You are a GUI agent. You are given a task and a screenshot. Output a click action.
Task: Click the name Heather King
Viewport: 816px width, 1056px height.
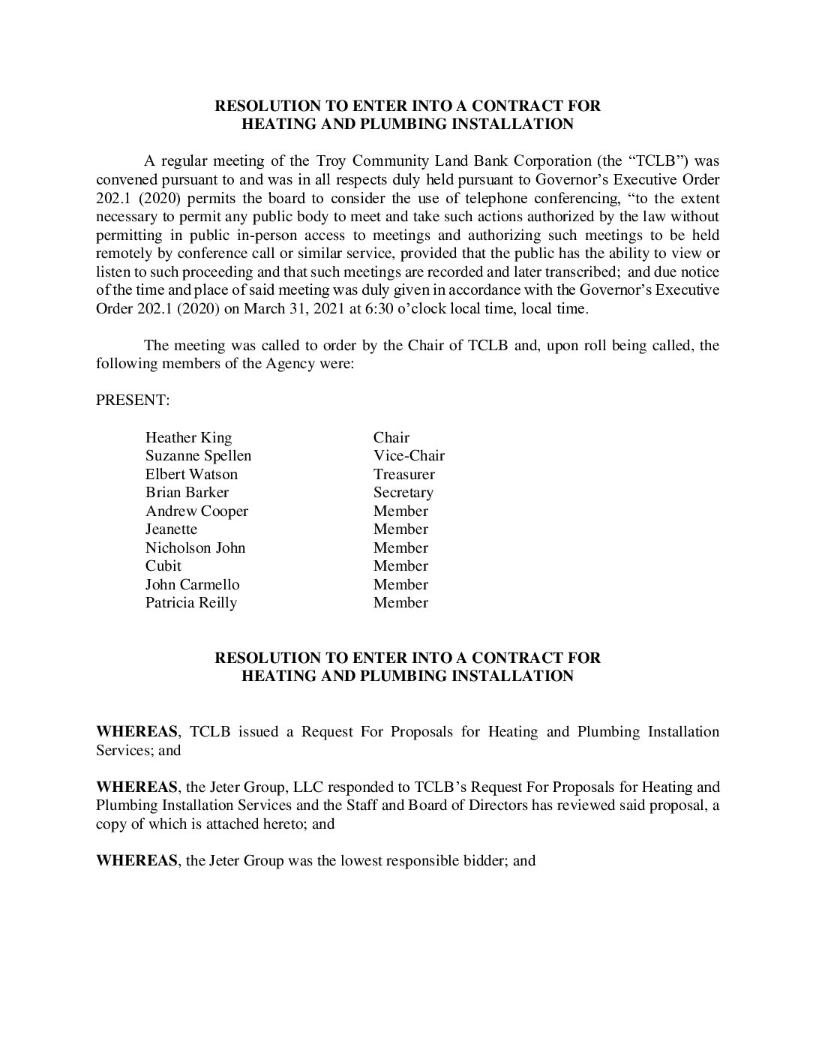(188, 437)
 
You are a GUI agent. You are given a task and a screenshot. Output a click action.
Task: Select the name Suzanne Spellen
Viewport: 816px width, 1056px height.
(198, 456)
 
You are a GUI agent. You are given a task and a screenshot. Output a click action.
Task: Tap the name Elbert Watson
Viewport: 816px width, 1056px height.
(191, 474)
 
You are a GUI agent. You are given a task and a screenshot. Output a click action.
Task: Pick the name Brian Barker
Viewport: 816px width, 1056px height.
(187, 493)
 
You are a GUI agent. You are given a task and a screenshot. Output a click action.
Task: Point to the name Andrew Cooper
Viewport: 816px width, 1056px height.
(196, 511)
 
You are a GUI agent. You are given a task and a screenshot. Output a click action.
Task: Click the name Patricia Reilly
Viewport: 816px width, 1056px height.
(190, 603)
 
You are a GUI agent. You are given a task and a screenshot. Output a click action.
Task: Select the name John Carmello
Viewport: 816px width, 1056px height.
(192, 584)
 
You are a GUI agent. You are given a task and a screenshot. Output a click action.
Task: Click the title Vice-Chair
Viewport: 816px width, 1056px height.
(409, 456)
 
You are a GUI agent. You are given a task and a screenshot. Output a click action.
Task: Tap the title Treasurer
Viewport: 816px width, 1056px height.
(403, 474)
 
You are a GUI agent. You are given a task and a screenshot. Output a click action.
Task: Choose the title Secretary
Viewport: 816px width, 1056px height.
(403, 493)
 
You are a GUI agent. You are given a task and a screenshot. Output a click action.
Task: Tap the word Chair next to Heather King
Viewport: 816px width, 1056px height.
(391, 437)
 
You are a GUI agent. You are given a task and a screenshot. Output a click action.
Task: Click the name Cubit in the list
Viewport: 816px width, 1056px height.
(163, 566)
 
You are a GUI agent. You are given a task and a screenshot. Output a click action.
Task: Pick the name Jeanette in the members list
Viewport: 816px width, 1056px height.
(171, 529)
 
